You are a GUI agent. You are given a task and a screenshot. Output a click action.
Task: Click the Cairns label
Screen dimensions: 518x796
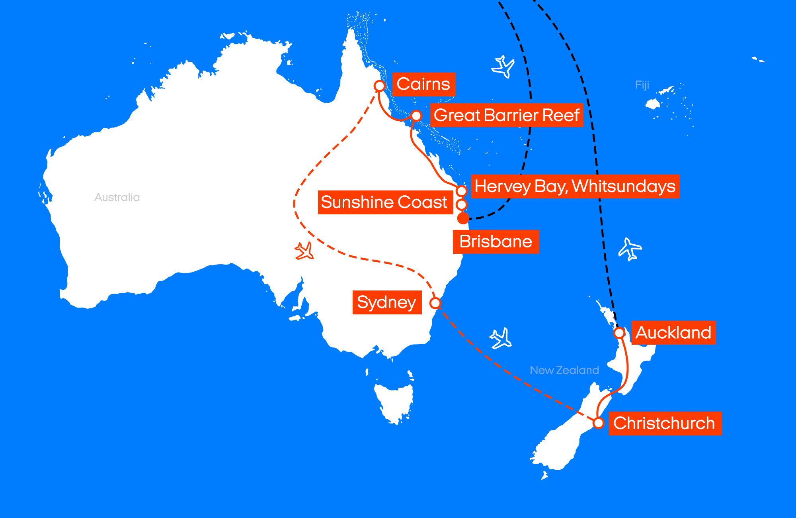[x=423, y=84]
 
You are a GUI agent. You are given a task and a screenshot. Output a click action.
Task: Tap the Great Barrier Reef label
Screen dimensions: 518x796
[x=506, y=115]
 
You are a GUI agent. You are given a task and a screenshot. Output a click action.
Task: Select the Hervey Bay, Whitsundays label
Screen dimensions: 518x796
[x=575, y=186]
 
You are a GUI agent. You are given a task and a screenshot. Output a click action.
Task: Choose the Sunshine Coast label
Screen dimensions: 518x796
[x=384, y=202]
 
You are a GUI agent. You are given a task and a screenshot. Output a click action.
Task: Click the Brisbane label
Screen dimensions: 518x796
[x=496, y=241]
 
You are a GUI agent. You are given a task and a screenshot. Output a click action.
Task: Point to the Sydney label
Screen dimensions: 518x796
[x=386, y=302]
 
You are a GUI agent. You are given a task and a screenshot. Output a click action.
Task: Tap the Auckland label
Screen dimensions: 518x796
[x=673, y=333]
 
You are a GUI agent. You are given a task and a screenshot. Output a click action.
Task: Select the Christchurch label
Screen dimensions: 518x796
[x=664, y=423]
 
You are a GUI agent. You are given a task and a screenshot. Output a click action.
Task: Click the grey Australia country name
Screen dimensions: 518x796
[x=117, y=197]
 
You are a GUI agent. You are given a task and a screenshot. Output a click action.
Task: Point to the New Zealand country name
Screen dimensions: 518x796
[x=564, y=370]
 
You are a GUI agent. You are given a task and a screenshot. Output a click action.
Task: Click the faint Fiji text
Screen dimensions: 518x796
[x=642, y=85]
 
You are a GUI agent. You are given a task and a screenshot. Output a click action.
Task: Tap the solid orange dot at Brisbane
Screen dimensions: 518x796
[x=463, y=218]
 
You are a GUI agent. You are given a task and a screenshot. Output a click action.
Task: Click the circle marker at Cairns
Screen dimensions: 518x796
[x=380, y=86]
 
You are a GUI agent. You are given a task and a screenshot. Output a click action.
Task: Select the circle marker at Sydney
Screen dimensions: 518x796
[x=435, y=303]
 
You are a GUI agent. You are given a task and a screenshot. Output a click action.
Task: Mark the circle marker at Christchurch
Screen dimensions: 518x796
[x=598, y=423]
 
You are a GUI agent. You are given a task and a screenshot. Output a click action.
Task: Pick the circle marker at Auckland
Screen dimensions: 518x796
[x=619, y=333]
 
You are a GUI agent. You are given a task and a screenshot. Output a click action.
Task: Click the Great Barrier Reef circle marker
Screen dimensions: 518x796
[x=416, y=116]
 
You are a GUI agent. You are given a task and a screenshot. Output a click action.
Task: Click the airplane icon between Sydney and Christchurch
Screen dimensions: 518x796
[x=501, y=338]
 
